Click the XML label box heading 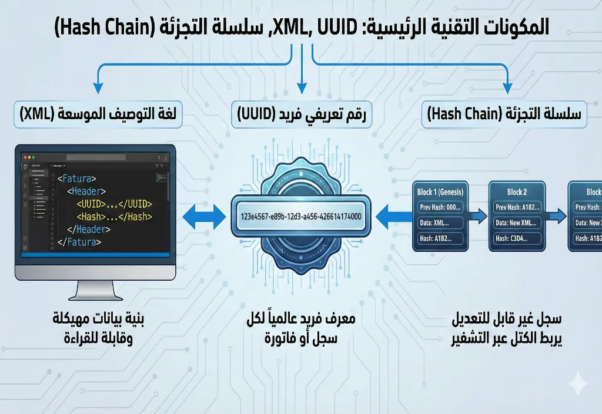98,115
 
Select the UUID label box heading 301,115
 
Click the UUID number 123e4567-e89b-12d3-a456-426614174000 301,216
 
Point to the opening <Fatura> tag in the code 77,178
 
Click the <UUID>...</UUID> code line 114,204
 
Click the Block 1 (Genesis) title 440,192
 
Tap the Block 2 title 517,192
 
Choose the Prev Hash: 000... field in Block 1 440,207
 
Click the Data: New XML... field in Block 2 517,223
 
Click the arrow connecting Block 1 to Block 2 478,216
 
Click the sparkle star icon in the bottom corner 577,382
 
